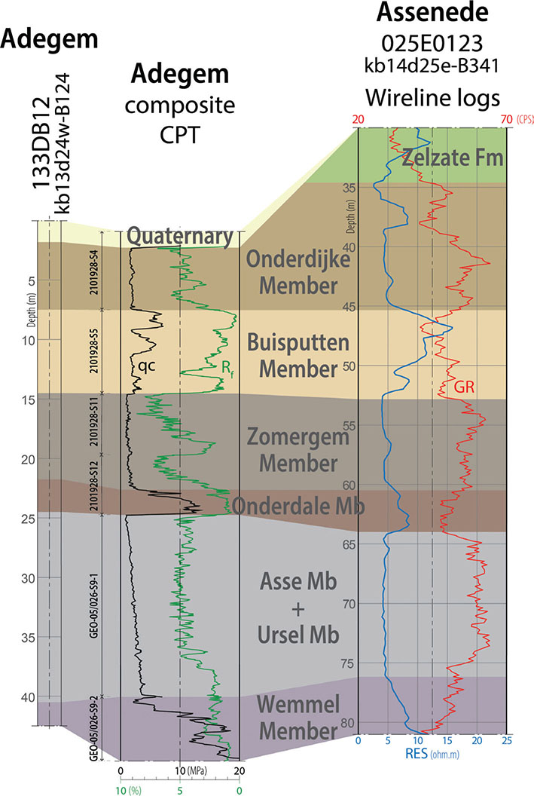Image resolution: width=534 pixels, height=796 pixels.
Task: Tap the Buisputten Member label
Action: coord(300,356)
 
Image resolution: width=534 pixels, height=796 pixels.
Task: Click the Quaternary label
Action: coord(179,237)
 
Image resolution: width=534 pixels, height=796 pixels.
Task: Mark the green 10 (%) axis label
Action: coord(131,788)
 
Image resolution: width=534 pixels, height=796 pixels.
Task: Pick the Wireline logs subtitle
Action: coord(432,96)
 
